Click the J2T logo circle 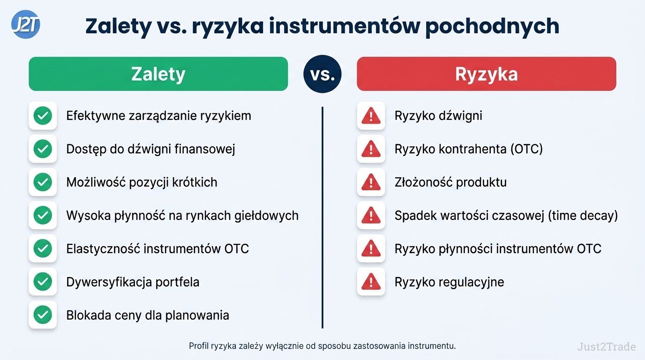point(26,24)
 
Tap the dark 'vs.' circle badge point(322,74)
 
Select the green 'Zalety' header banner point(158,74)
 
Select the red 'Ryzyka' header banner point(487,74)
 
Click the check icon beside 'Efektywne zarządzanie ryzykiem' point(43,116)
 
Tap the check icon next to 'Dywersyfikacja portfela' point(43,282)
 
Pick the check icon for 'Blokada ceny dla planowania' point(43,315)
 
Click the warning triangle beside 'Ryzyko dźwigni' point(371,116)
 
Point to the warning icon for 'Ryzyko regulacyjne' point(371,282)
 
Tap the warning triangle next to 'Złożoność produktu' point(371,182)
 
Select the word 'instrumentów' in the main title point(345,26)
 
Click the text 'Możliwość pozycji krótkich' point(142,182)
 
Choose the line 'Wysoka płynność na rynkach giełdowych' point(182,216)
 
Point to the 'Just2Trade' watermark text point(607,346)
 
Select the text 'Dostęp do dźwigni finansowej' point(150,149)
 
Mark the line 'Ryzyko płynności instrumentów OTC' point(498,249)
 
